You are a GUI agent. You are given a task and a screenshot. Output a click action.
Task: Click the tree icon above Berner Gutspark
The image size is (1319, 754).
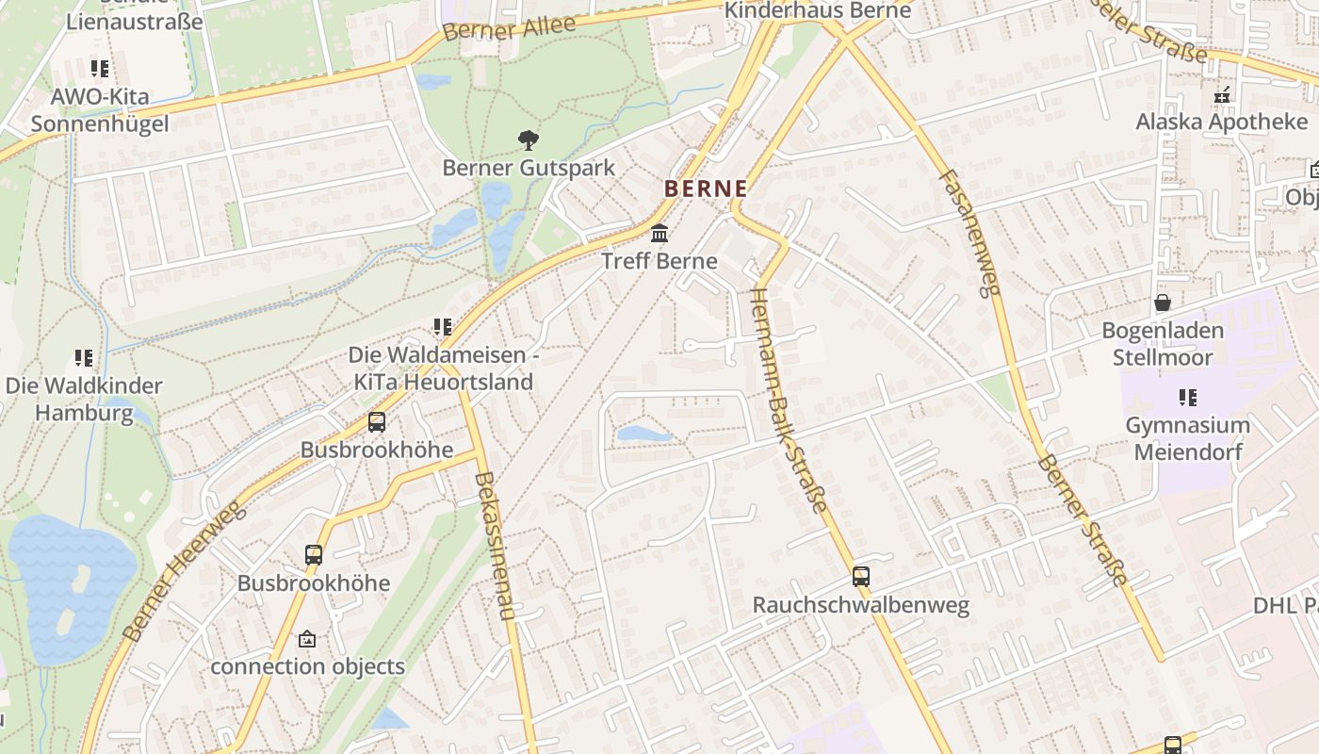529,140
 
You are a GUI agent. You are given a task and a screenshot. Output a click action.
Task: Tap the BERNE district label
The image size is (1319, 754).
706,188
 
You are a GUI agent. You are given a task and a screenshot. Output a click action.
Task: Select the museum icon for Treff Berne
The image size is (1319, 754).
659,234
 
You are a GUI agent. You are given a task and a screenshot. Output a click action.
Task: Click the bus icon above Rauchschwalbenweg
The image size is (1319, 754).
860,577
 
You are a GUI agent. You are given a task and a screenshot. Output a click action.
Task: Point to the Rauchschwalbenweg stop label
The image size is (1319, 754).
860,605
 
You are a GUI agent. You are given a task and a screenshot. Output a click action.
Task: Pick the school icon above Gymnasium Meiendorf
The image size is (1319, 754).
1187,398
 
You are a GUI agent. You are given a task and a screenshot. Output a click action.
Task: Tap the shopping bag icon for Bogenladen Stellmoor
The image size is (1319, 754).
1163,303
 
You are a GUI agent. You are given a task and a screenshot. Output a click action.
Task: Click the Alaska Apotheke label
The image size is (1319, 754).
1221,122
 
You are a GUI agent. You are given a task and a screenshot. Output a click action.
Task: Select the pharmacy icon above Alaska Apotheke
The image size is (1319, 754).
1222,94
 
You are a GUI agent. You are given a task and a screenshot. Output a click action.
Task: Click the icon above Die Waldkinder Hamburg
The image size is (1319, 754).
84,358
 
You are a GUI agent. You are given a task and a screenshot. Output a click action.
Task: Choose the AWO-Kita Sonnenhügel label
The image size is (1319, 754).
100,110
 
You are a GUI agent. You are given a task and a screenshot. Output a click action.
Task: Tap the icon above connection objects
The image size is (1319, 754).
306,639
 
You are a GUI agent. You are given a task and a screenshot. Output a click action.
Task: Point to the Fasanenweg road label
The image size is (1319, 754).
969,233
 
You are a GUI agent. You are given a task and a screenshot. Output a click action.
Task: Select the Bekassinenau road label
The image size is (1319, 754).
496,546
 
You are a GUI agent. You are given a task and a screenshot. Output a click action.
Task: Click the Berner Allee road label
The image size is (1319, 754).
509,29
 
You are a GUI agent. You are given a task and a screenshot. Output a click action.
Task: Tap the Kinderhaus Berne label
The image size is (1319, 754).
818,10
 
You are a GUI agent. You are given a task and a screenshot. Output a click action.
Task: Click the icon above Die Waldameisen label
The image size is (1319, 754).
442,327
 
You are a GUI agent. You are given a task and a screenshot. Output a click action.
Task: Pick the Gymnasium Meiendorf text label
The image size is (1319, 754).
1187,438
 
